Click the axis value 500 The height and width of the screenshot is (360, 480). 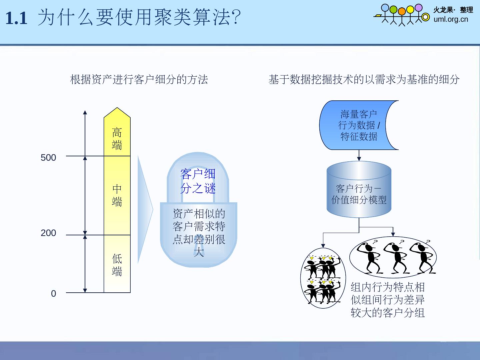48,158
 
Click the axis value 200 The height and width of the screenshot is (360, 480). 48,233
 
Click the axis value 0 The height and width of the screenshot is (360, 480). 53,294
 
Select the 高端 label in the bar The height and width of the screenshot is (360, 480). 117,139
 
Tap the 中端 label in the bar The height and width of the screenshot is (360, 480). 117,195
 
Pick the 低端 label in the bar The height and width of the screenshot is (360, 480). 117,265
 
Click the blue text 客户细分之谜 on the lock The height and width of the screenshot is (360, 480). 198,181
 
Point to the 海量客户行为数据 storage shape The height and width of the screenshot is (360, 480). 359,125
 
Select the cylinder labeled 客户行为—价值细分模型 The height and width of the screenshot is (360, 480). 359,193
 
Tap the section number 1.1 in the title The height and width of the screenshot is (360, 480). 16,18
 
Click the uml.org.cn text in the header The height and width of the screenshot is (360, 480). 451,19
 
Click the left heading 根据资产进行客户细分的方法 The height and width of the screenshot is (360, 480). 139,80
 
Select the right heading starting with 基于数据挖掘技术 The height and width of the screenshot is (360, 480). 364,80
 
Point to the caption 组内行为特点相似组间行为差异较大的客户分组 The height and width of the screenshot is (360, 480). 388,300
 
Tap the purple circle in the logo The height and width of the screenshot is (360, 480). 418,8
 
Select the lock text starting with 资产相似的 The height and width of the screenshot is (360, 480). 199,232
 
